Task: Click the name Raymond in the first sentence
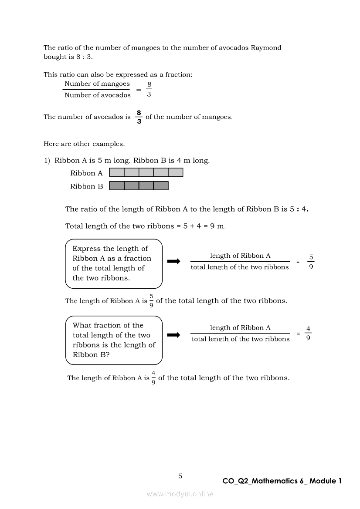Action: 266,48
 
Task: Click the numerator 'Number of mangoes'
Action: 97,84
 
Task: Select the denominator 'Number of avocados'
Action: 98,95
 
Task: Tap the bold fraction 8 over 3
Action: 139,117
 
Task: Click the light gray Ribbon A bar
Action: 146,172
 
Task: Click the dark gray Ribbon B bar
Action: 139,186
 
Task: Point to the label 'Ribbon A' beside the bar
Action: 86,173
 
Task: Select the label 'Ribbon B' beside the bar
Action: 86,186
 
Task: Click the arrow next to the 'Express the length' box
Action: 173,261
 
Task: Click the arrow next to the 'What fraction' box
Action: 173,335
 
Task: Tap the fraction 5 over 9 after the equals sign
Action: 311,262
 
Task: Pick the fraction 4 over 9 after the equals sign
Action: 308,334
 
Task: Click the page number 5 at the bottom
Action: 180,476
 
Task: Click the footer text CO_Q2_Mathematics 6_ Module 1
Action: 282,481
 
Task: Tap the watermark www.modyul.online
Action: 180,494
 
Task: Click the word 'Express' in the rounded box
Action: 86,249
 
